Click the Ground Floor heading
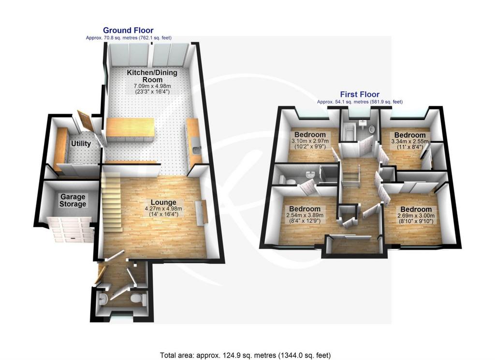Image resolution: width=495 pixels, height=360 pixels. coord(128,30)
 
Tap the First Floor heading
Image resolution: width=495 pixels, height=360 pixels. coord(360,94)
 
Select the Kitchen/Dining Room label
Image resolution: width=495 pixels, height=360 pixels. coord(152,76)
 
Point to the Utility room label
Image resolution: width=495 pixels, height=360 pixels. coord(81,144)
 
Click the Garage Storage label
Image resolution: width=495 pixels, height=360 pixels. coord(73,201)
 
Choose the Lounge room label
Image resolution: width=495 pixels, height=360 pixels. coord(163,202)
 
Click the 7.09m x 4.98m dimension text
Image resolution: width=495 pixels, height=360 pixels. coord(152,86)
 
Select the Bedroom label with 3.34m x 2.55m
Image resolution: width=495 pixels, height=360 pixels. coord(410,135)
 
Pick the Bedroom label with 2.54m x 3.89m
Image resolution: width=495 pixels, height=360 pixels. coord(305,209)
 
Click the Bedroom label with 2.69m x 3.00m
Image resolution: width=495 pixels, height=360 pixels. coord(416,210)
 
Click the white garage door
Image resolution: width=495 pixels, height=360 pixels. coord(71,230)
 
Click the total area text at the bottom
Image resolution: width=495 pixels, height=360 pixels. coord(245,356)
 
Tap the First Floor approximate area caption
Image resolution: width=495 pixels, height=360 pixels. coord(360,102)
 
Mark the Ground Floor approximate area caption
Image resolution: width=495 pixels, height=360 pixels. coord(129,38)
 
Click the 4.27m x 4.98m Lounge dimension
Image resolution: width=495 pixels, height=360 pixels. coord(163,209)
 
